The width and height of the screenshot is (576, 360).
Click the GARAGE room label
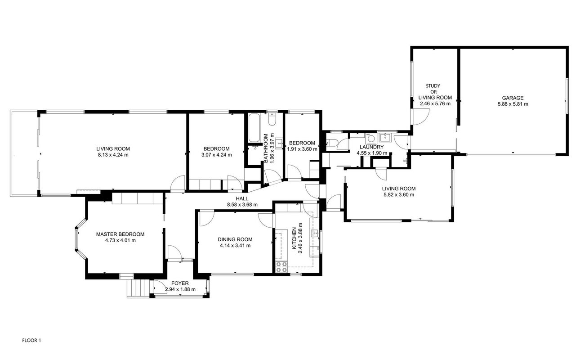pos(513,98)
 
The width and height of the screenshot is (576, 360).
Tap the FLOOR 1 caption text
pos(31,341)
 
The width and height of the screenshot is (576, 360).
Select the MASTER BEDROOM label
pos(120,234)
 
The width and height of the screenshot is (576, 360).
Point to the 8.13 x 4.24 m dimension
pos(113,155)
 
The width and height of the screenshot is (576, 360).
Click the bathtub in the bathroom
pos(254,128)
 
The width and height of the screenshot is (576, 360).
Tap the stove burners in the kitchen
pos(281,267)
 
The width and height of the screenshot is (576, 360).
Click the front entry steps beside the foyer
pos(139,288)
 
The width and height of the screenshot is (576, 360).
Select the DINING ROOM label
pos(235,239)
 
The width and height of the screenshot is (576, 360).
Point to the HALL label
pos(242,198)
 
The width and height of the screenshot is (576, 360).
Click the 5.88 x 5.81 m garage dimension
pos(513,104)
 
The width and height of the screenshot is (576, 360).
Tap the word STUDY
pos(433,85)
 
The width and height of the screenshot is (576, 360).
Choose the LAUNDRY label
pos(371,147)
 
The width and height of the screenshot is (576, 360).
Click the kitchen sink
pos(315,234)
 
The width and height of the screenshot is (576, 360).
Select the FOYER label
pos(180,283)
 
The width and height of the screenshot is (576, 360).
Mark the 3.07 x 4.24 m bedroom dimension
pos(217,155)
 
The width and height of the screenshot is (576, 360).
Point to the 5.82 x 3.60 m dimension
pos(399,195)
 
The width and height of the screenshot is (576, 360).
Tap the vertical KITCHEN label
pos(295,238)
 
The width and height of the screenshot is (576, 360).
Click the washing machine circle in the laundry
pos(371,139)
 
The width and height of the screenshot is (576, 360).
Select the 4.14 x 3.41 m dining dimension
pos(235,246)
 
